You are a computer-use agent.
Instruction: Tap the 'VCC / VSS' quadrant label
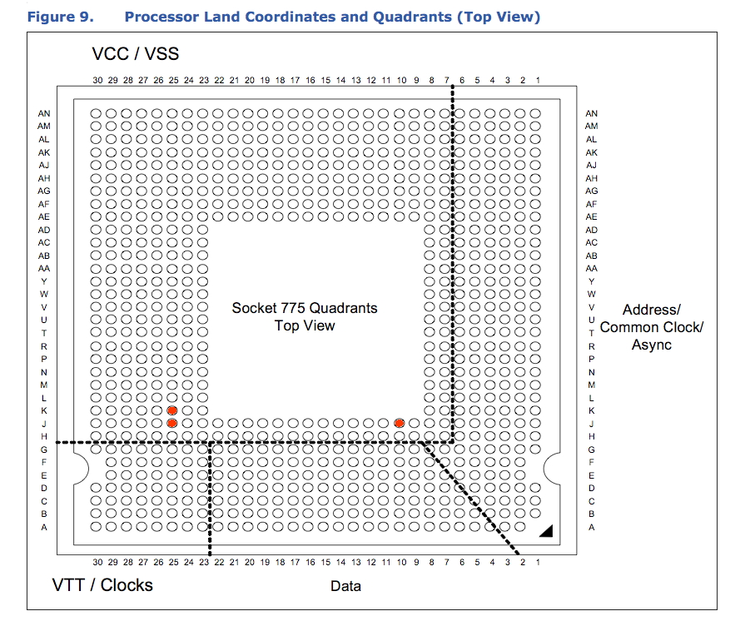(x=135, y=55)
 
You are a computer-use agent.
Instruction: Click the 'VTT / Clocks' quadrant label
(x=102, y=585)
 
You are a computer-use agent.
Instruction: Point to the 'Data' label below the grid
(x=345, y=586)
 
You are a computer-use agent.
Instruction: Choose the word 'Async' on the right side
(x=651, y=345)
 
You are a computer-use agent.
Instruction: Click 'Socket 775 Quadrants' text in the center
(x=304, y=308)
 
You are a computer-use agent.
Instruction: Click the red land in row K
(x=172, y=410)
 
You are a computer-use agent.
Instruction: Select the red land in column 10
(x=400, y=423)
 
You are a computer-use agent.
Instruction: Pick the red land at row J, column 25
(x=172, y=423)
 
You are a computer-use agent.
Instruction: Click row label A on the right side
(x=591, y=527)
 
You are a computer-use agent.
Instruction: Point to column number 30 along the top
(x=97, y=81)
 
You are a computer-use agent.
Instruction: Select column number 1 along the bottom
(x=537, y=563)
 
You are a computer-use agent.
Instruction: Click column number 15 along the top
(x=325, y=81)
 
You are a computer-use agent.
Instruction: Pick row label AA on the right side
(x=591, y=268)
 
